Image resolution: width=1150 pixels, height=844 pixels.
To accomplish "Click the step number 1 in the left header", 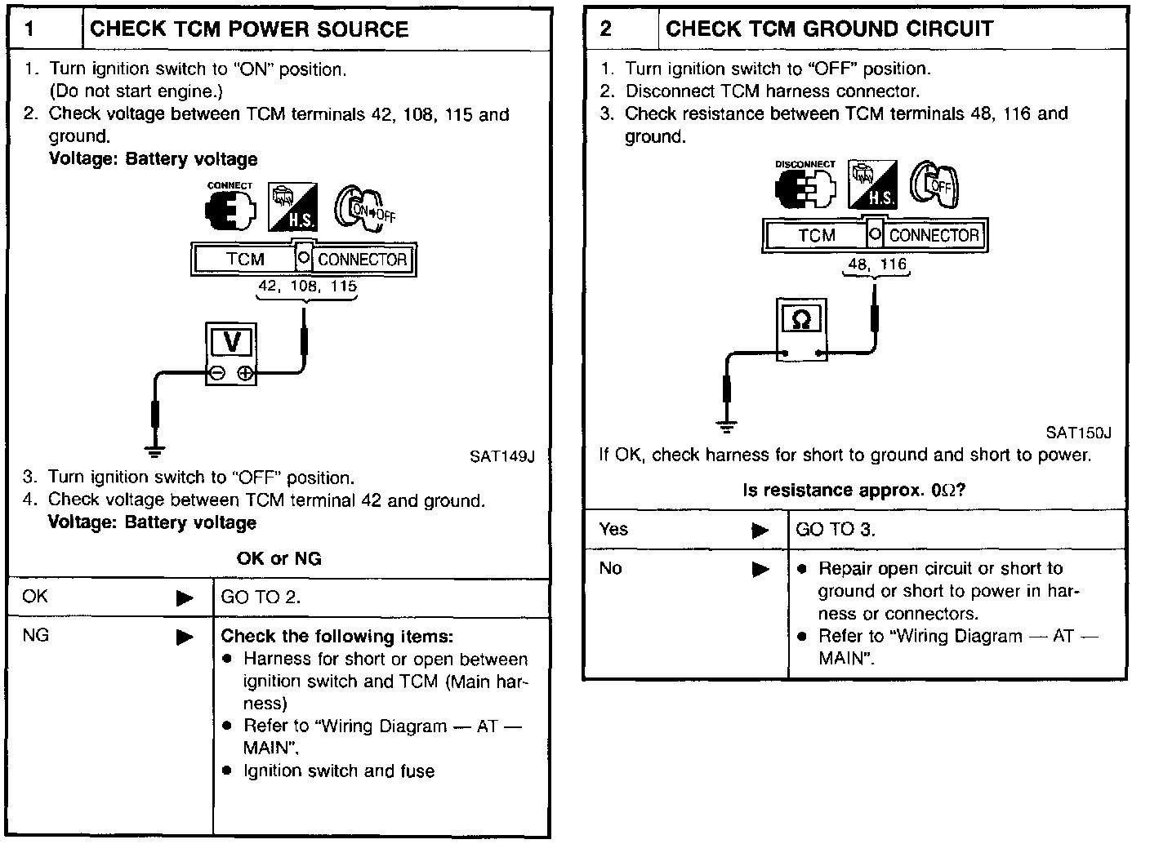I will tap(30, 29).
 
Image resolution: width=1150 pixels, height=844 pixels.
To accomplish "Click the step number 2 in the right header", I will tap(606, 29).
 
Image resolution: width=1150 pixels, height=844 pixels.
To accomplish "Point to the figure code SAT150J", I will tap(1078, 433).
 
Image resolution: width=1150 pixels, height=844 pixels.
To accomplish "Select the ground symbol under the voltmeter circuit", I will tap(154, 449).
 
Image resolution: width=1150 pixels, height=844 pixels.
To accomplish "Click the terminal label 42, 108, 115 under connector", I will tap(307, 287).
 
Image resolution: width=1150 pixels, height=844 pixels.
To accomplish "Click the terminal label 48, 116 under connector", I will tap(877, 264).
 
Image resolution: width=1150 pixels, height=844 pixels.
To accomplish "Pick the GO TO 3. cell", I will tap(835, 530).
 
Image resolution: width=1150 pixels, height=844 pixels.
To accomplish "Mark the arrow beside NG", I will tap(185, 637).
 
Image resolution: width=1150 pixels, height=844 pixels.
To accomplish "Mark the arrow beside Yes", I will tap(760, 531).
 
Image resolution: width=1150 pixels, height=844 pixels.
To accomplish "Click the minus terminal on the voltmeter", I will tap(217, 374).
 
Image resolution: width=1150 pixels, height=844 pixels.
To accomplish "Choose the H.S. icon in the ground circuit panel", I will tap(872, 185).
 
